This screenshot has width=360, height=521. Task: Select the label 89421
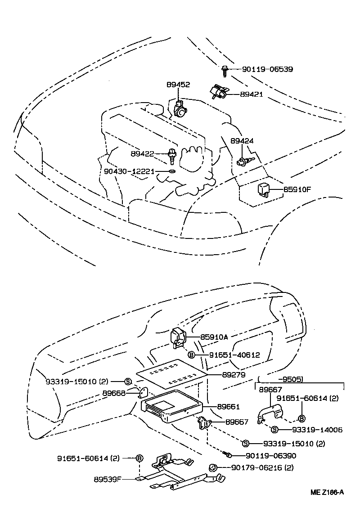[251, 94]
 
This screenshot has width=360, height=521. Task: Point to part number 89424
[242, 141]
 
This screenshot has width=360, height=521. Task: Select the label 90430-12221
[129, 171]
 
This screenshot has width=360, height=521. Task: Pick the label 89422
[143, 154]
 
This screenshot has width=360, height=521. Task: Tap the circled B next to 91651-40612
[191, 355]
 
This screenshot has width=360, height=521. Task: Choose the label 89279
[234, 374]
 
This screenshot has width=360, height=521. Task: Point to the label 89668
[114, 393]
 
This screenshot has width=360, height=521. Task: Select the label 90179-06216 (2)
[262, 468]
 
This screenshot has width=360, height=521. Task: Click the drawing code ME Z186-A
[327, 492]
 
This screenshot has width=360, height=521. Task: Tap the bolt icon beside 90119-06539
[224, 69]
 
